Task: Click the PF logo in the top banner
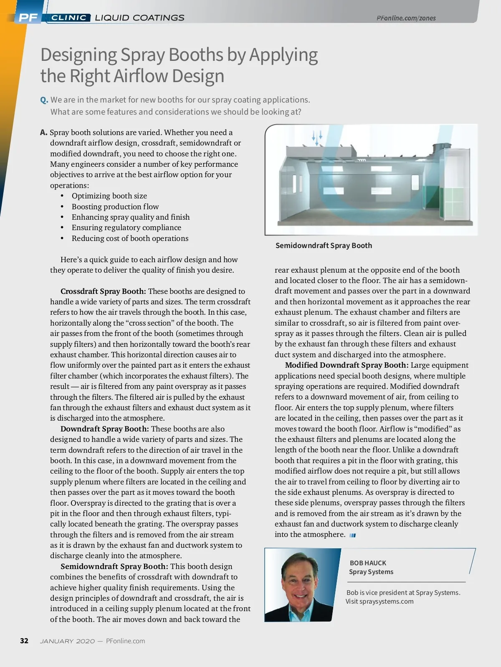[28, 18]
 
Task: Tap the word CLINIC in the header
[69, 18]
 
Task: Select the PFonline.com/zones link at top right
[406, 18]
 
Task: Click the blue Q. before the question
[44, 100]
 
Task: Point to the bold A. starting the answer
[44, 133]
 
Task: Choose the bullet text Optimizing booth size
[109, 196]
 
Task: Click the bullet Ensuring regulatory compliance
[126, 228]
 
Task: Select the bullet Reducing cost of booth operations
[130, 238]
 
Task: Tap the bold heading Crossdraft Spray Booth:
[103, 291]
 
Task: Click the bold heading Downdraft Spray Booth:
[104, 429]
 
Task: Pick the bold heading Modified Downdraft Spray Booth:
[347, 365]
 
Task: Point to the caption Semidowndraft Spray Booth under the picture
[324, 246]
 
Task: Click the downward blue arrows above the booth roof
[317, 137]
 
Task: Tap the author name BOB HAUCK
[368, 563]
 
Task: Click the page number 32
[24, 641]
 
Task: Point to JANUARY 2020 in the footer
[67, 641]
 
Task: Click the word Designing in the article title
[78, 55]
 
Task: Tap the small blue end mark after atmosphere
[352, 535]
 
